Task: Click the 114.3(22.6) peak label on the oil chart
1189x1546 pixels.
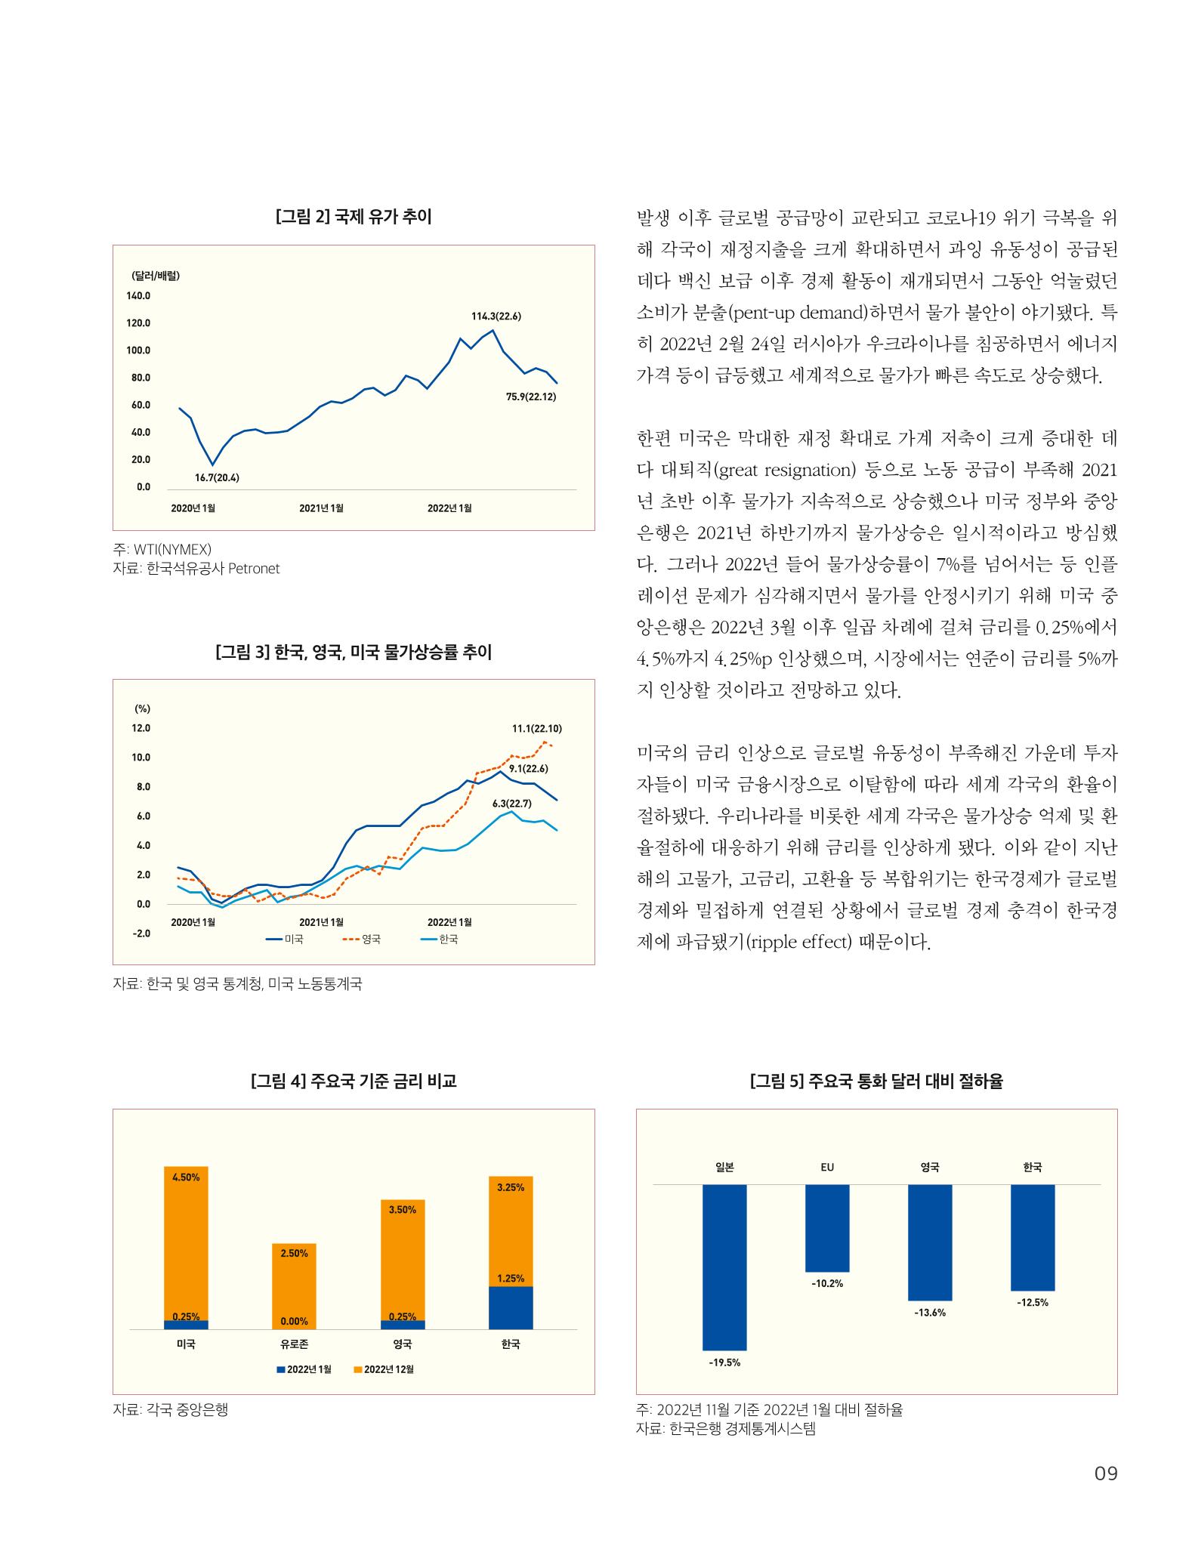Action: [x=496, y=316]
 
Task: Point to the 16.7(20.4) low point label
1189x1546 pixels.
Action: [x=217, y=477]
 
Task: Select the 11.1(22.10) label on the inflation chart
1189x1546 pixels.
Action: [x=536, y=729]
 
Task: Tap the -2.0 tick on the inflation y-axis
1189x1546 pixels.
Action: [x=141, y=933]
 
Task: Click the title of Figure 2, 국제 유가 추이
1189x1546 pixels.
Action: [x=354, y=218]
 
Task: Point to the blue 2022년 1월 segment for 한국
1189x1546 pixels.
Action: [x=511, y=1307]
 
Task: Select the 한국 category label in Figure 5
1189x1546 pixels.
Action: [x=1033, y=1167]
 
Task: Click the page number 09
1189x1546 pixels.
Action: [x=1105, y=1494]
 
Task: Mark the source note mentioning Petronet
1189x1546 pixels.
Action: [x=196, y=569]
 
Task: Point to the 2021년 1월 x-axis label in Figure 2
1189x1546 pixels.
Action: [x=321, y=508]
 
